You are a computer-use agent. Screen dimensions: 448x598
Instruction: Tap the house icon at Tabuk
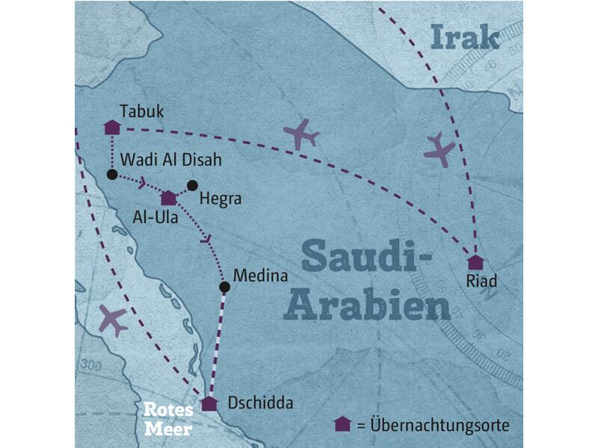(111, 128)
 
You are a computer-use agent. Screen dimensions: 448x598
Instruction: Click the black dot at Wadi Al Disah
(111, 175)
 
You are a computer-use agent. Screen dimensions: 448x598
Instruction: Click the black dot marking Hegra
(192, 185)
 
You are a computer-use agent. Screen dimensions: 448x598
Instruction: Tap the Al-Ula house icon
(168, 198)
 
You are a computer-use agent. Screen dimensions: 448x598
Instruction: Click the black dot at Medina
(224, 287)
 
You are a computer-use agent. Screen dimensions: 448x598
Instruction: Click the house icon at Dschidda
(209, 404)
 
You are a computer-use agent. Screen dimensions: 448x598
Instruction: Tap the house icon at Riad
(475, 262)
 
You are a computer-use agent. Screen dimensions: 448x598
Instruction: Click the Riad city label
(482, 281)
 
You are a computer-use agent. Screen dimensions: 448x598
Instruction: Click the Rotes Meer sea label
(169, 419)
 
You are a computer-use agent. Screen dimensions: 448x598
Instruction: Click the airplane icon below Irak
(440, 150)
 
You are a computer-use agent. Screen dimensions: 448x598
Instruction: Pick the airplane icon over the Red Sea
(112, 320)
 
